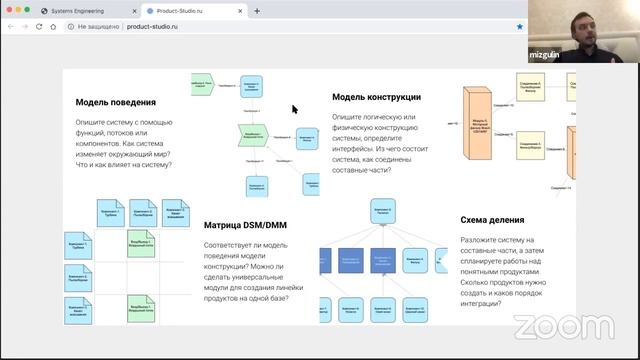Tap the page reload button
click(52, 27)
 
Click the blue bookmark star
click(519, 27)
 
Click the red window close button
click(8, 10)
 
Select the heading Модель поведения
click(115, 102)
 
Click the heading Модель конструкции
click(376, 97)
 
